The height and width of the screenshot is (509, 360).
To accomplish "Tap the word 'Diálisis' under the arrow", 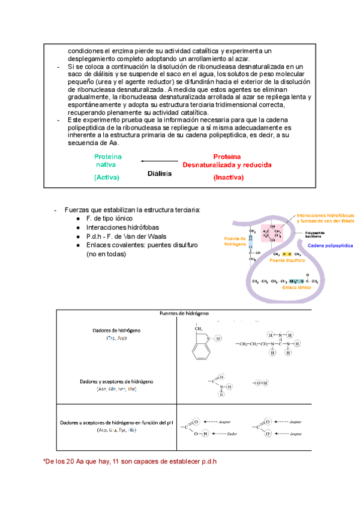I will tap(159, 173).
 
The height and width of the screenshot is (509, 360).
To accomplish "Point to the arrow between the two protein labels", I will tap(159, 161).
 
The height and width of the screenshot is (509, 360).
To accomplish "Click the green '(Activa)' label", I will tap(107, 178).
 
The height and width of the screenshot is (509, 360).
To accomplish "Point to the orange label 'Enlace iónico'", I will tap(297, 288).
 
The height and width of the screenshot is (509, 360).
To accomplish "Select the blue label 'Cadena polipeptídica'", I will tap(330, 246).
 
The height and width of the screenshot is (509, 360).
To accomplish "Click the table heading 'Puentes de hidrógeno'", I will tap(184, 313).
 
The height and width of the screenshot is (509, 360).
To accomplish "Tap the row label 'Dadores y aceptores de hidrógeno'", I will tap(117, 381).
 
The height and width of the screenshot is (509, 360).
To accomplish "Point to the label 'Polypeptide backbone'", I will tap(316, 234).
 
